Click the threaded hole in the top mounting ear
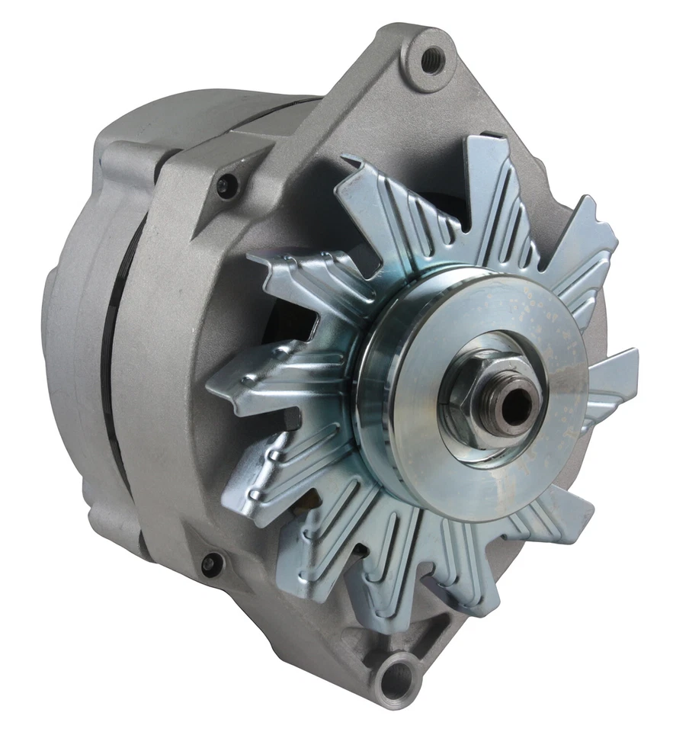(431, 59)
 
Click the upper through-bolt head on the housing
(226, 185)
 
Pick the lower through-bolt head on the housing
(211, 564)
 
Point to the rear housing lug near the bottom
(114, 518)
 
